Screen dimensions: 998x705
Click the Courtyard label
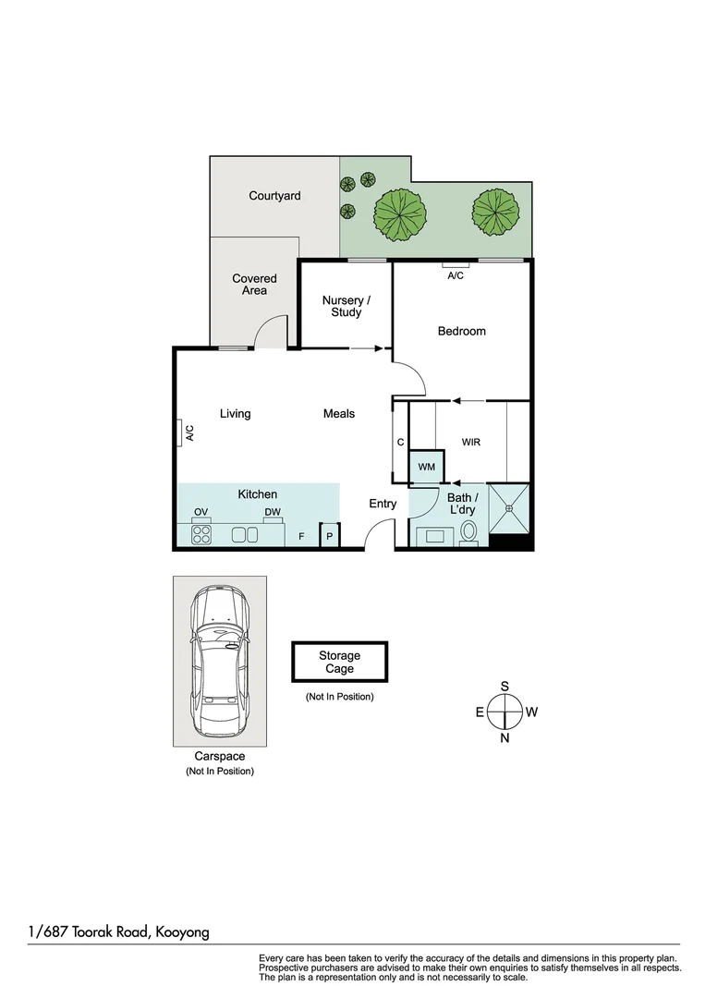pyautogui.click(x=274, y=196)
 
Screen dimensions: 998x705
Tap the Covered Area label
pyautogui.click(x=254, y=285)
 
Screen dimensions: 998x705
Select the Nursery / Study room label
pyautogui.click(x=346, y=306)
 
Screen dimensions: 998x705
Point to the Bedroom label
pyautogui.click(x=461, y=331)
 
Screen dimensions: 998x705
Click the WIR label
pyautogui.click(x=471, y=443)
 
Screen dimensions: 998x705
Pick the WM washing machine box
pyautogui.click(x=426, y=468)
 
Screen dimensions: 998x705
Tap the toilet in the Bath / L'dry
pyautogui.click(x=468, y=532)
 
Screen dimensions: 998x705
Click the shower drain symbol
pyautogui.click(x=509, y=507)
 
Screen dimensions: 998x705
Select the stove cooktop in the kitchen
pyautogui.click(x=201, y=533)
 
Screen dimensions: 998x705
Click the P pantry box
pyautogui.click(x=330, y=536)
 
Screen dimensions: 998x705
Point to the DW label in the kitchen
pyautogui.click(x=272, y=512)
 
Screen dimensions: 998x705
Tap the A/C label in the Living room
pyautogui.click(x=188, y=432)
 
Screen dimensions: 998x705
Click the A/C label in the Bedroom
pyautogui.click(x=456, y=275)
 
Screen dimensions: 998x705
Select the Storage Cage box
pyautogui.click(x=339, y=663)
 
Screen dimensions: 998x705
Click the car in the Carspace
pyautogui.click(x=219, y=663)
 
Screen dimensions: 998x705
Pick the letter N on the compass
pyautogui.click(x=504, y=738)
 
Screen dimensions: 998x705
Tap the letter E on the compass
pyautogui.click(x=480, y=712)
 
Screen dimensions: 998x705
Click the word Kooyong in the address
pyautogui.click(x=181, y=931)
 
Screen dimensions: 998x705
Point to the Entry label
pyautogui.click(x=383, y=504)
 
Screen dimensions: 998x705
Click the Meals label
pyautogui.click(x=339, y=414)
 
